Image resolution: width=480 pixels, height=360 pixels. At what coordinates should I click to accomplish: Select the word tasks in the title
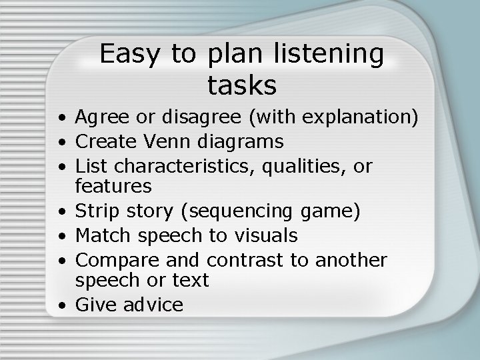(x=241, y=85)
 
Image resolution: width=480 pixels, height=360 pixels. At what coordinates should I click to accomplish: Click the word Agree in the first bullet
(x=101, y=119)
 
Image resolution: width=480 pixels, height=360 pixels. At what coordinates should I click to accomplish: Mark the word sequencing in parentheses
(x=239, y=212)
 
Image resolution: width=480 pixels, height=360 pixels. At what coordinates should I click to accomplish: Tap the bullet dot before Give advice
(x=61, y=306)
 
